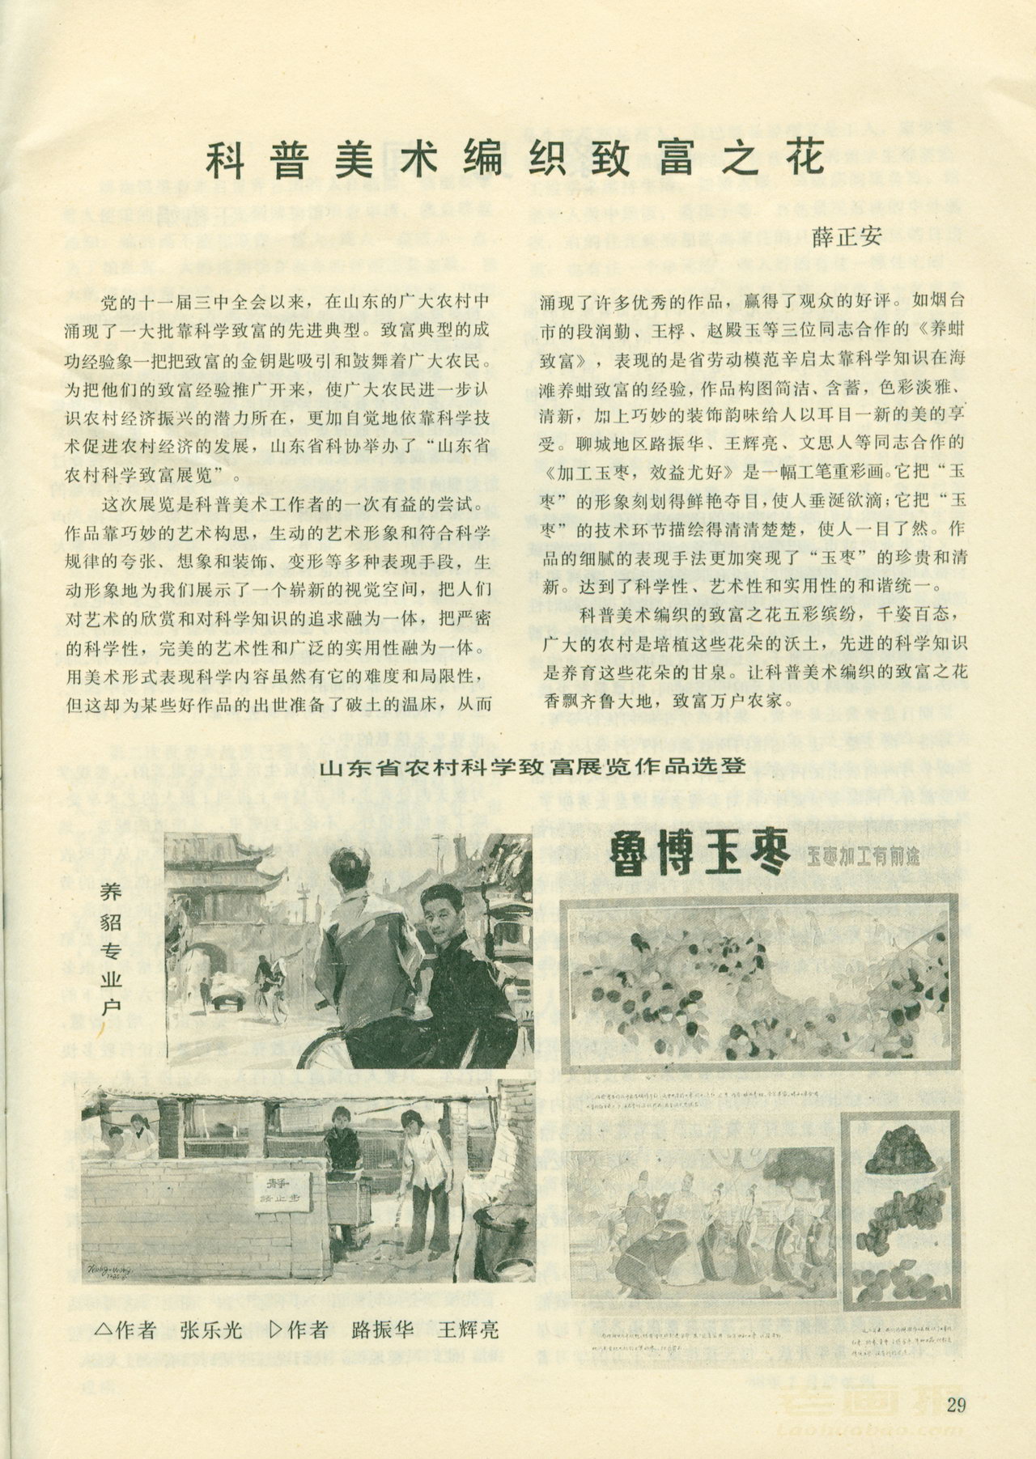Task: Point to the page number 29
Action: click(x=955, y=1405)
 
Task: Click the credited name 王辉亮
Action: click(x=468, y=1330)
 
